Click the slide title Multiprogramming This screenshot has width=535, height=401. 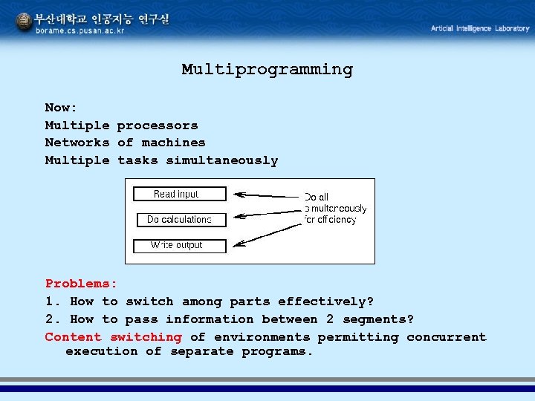point(267,70)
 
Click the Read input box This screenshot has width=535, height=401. point(179,194)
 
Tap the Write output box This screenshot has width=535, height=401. point(179,245)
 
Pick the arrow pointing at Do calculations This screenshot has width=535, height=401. point(267,213)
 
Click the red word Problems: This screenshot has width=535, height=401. point(81,284)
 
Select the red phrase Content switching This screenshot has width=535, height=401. point(113,337)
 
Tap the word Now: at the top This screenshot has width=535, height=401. point(61,108)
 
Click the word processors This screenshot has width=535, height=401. point(158,125)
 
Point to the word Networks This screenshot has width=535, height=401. point(77,143)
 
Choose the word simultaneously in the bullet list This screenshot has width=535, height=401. point(221,160)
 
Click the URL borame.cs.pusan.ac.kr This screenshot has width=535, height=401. point(80,31)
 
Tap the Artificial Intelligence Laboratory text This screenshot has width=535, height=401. point(480,28)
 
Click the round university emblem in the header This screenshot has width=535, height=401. point(24,22)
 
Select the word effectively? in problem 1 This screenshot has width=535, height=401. point(325,301)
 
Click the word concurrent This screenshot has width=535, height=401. point(446,337)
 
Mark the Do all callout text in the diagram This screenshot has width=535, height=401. point(316,197)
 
